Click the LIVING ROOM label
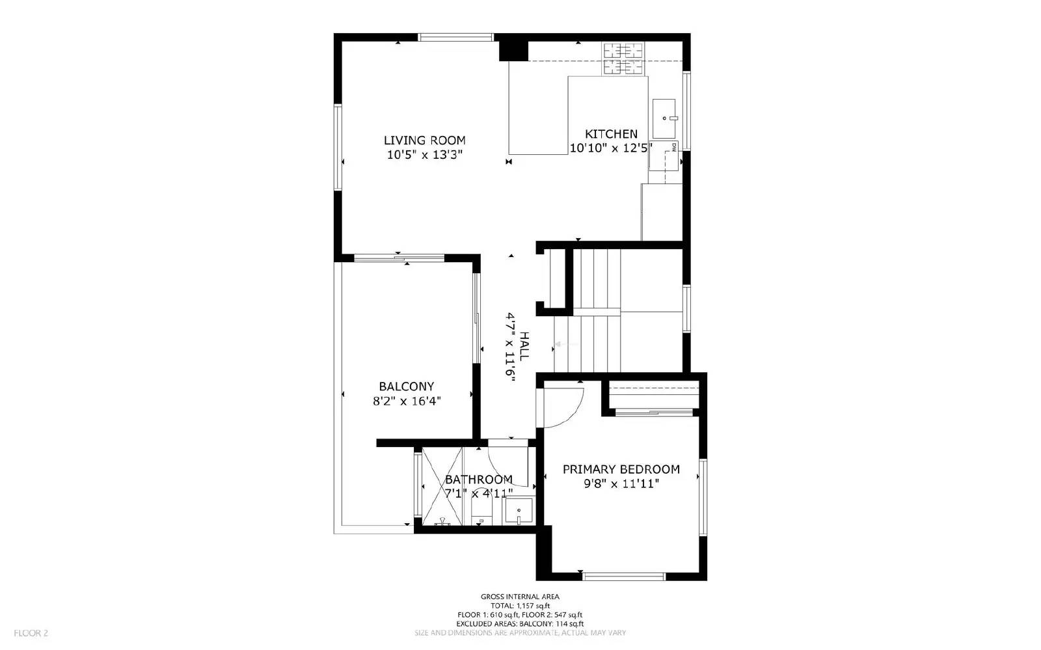coord(424,140)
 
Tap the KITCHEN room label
coord(611,133)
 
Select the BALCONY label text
coord(406,386)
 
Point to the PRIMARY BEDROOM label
coord(621,469)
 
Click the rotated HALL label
coord(524,347)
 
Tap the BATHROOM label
coord(478,480)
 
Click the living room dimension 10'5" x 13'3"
coord(424,155)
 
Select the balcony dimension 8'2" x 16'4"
coord(406,401)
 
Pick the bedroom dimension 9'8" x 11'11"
coord(621,483)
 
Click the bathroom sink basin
coord(519,511)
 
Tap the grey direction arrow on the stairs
coord(558,344)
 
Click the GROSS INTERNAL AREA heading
coord(519,597)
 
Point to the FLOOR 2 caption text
coord(31,632)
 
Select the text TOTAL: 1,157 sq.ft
coord(519,606)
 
